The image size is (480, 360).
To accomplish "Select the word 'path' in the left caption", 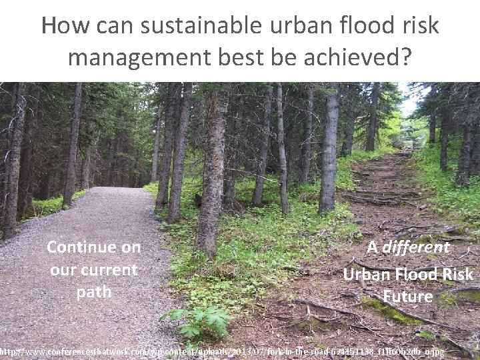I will [94, 292].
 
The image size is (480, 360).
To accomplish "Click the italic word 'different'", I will [417, 247].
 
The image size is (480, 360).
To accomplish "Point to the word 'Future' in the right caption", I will [407, 297].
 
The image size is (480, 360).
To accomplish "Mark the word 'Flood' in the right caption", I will [415, 274].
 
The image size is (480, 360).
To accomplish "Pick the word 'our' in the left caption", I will [63, 270].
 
